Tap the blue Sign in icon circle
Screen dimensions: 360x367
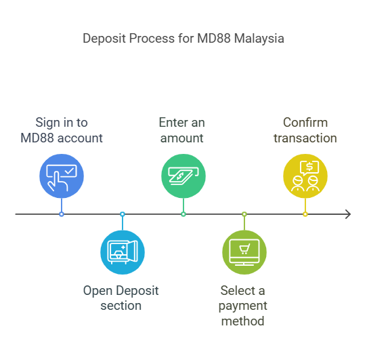coord(62,176)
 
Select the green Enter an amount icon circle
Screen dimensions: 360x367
coord(183,176)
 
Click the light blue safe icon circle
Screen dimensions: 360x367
coord(123,252)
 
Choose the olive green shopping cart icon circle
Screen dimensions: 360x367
coord(244,252)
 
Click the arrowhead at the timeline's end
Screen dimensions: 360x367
coord(347,214)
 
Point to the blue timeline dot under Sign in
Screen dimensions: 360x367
coord(62,214)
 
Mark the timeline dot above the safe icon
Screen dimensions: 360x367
coord(123,214)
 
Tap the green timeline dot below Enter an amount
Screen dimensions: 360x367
coord(183,214)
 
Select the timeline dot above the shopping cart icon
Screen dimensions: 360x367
coord(244,214)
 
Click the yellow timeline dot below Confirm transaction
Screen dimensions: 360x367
coord(305,214)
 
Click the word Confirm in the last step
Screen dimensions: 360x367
coord(305,123)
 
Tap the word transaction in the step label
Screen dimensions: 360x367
coord(305,138)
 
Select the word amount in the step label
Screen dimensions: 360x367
coord(181,138)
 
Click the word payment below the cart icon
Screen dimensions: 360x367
coord(243,306)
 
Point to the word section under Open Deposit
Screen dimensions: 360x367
coord(121,306)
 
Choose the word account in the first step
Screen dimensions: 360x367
coord(81,138)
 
